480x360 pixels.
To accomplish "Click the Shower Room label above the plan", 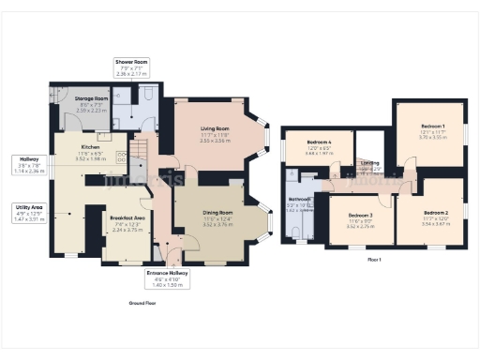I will click(x=131, y=62).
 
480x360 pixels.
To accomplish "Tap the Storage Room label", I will click(x=92, y=97).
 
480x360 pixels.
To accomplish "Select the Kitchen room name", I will click(x=90, y=147).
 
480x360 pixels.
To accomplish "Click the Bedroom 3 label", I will click(x=360, y=215).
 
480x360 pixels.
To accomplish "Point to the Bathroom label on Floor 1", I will click(x=299, y=199).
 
